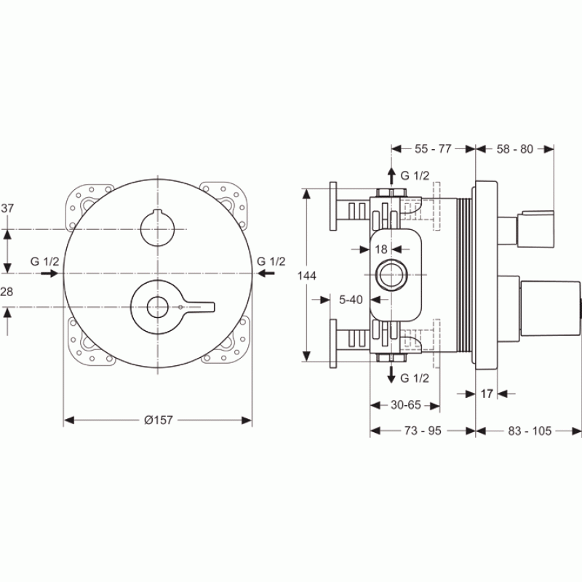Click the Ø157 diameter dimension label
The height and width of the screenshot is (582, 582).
tap(159, 420)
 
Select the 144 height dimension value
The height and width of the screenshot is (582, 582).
tap(307, 276)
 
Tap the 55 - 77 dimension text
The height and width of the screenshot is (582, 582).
tap(433, 149)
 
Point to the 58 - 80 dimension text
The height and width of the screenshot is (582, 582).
tap(515, 149)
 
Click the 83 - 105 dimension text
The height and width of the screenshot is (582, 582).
tap(530, 431)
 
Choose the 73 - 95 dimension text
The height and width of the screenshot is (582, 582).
tap(423, 431)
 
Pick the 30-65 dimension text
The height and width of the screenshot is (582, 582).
tap(406, 405)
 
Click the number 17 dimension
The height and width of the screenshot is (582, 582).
tap(487, 394)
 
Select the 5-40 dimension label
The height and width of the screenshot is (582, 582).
tap(351, 300)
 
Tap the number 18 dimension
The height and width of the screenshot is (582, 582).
tap(380, 249)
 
